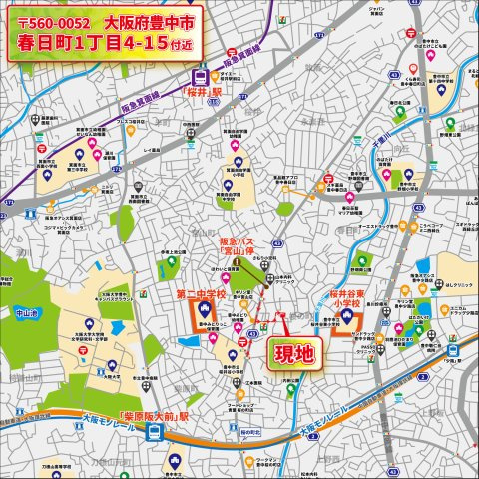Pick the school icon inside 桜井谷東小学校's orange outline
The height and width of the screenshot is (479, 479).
click(346, 320)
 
